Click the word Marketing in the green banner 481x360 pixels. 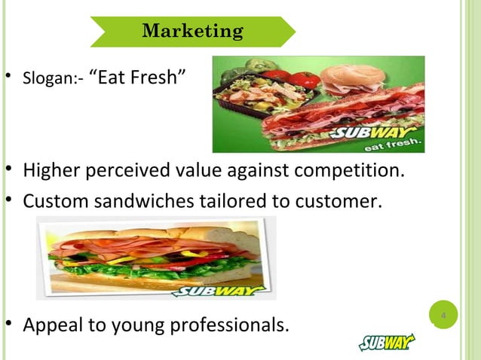coord(192,32)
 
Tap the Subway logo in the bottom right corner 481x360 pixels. coord(387,343)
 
